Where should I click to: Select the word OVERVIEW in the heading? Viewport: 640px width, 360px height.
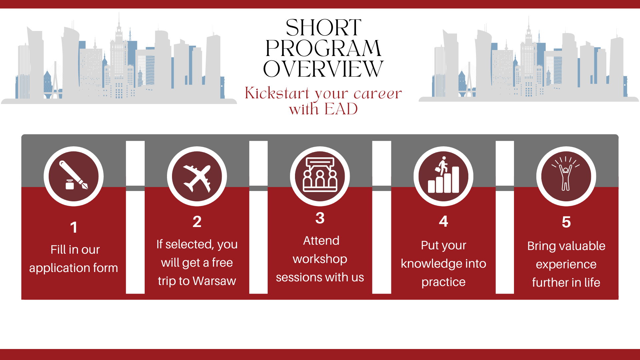point(323,69)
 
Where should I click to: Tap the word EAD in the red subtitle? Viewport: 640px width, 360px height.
point(341,109)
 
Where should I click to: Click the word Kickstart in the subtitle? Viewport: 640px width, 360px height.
point(277,93)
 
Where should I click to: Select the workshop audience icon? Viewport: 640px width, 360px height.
point(320,175)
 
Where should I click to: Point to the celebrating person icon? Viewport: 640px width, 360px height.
point(566,174)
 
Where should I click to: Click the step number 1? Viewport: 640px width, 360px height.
point(74,228)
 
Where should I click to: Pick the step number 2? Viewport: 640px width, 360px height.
point(197,222)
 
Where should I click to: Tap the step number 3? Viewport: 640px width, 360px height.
point(320,218)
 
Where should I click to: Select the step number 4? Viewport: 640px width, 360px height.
point(443,221)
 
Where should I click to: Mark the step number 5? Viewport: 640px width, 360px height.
point(566,222)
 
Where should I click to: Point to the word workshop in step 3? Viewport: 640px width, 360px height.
point(320,259)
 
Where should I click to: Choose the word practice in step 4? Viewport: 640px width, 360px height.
point(443,282)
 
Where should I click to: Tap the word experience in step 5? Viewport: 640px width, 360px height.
point(566,265)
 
